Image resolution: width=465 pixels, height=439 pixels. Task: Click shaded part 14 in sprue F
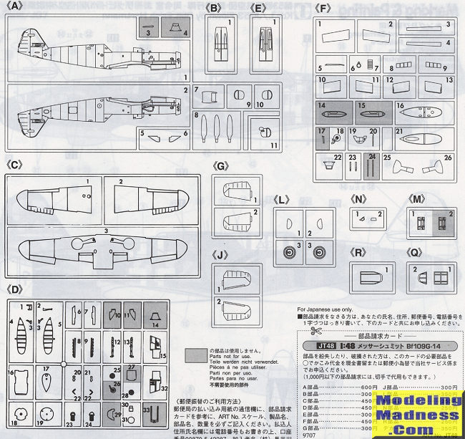[331, 112]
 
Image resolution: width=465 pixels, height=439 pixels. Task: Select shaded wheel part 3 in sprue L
[290, 251]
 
